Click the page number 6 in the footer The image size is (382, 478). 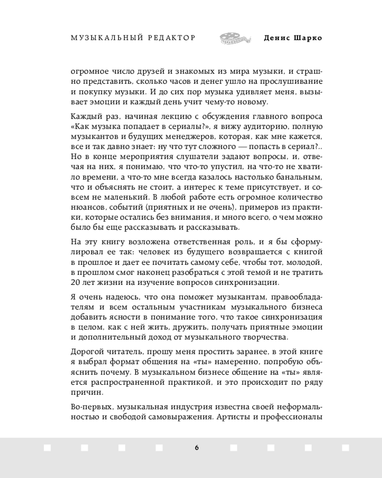point(196,448)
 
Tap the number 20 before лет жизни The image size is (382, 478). point(75,282)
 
